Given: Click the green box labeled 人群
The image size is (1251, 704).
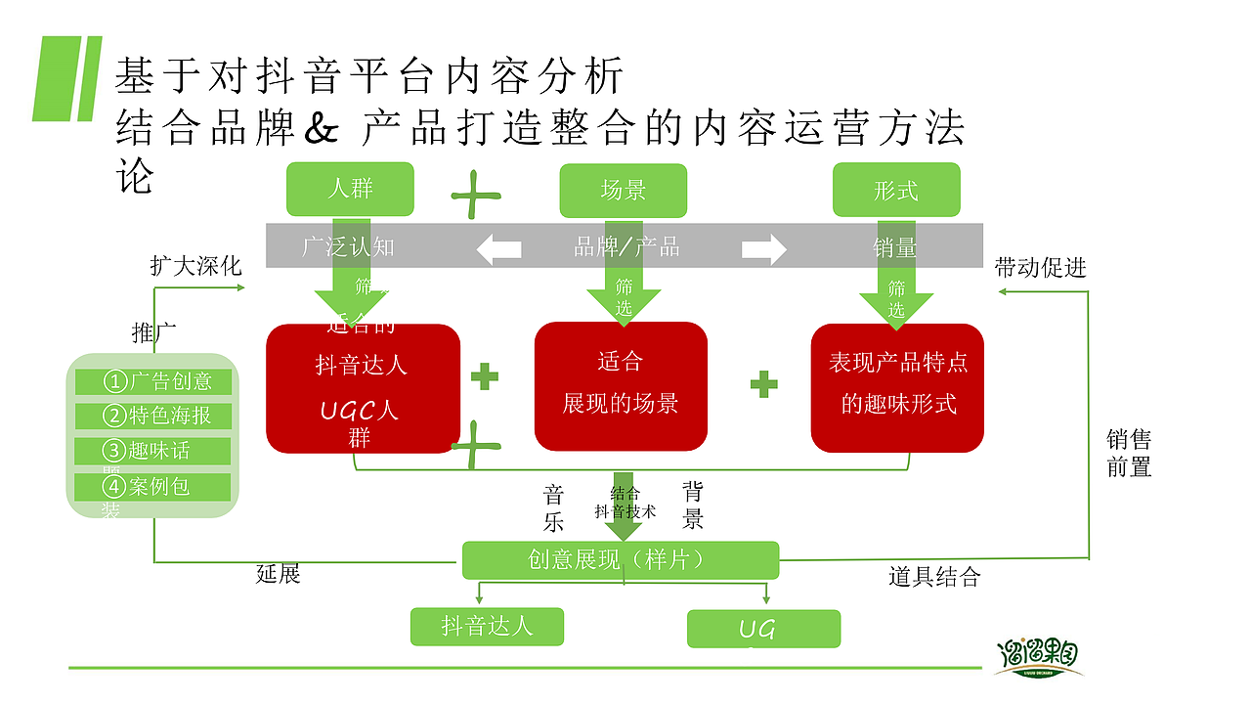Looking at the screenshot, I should pyautogui.click(x=350, y=189).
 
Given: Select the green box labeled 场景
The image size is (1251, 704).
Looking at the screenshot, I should pyautogui.click(x=623, y=190).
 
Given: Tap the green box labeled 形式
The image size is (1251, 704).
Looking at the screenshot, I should pyautogui.click(x=895, y=190).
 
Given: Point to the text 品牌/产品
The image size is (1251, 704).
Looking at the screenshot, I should pyautogui.click(x=626, y=246).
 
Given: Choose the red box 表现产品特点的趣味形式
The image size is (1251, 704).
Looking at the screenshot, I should pyautogui.click(x=897, y=387).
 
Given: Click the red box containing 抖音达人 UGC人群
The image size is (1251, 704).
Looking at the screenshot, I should pyautogui.click(x=363, y=389).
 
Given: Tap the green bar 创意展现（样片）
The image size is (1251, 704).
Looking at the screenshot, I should pyautogui.click(x=621, y=560).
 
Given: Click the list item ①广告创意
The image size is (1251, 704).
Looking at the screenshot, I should pyautogui.click(x=153, y=381).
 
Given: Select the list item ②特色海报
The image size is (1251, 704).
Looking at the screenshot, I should pyautogui.click(x=153, y=416).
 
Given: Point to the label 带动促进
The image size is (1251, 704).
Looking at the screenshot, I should pyautogui.click(x=1040, y=268).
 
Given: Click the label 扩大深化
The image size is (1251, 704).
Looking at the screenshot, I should pyautogui.click(x=195, y=266).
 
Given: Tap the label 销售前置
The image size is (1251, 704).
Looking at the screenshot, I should pyautogui.click(x=1129, y=454).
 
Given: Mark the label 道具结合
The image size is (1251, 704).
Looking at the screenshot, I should pyautogui.click(x=933, y=577).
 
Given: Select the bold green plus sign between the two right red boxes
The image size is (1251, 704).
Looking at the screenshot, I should pyautogui.click(x=763, y=384).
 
